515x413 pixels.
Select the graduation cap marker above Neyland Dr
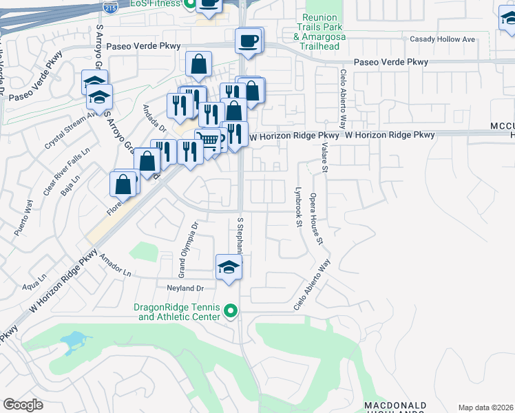229,268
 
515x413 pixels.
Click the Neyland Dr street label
186,288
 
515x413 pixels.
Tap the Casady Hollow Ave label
442,39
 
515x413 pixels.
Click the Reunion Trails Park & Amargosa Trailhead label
321,31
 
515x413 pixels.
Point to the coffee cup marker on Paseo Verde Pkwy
249,41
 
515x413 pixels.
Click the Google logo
23,404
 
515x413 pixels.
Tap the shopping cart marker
209,141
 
